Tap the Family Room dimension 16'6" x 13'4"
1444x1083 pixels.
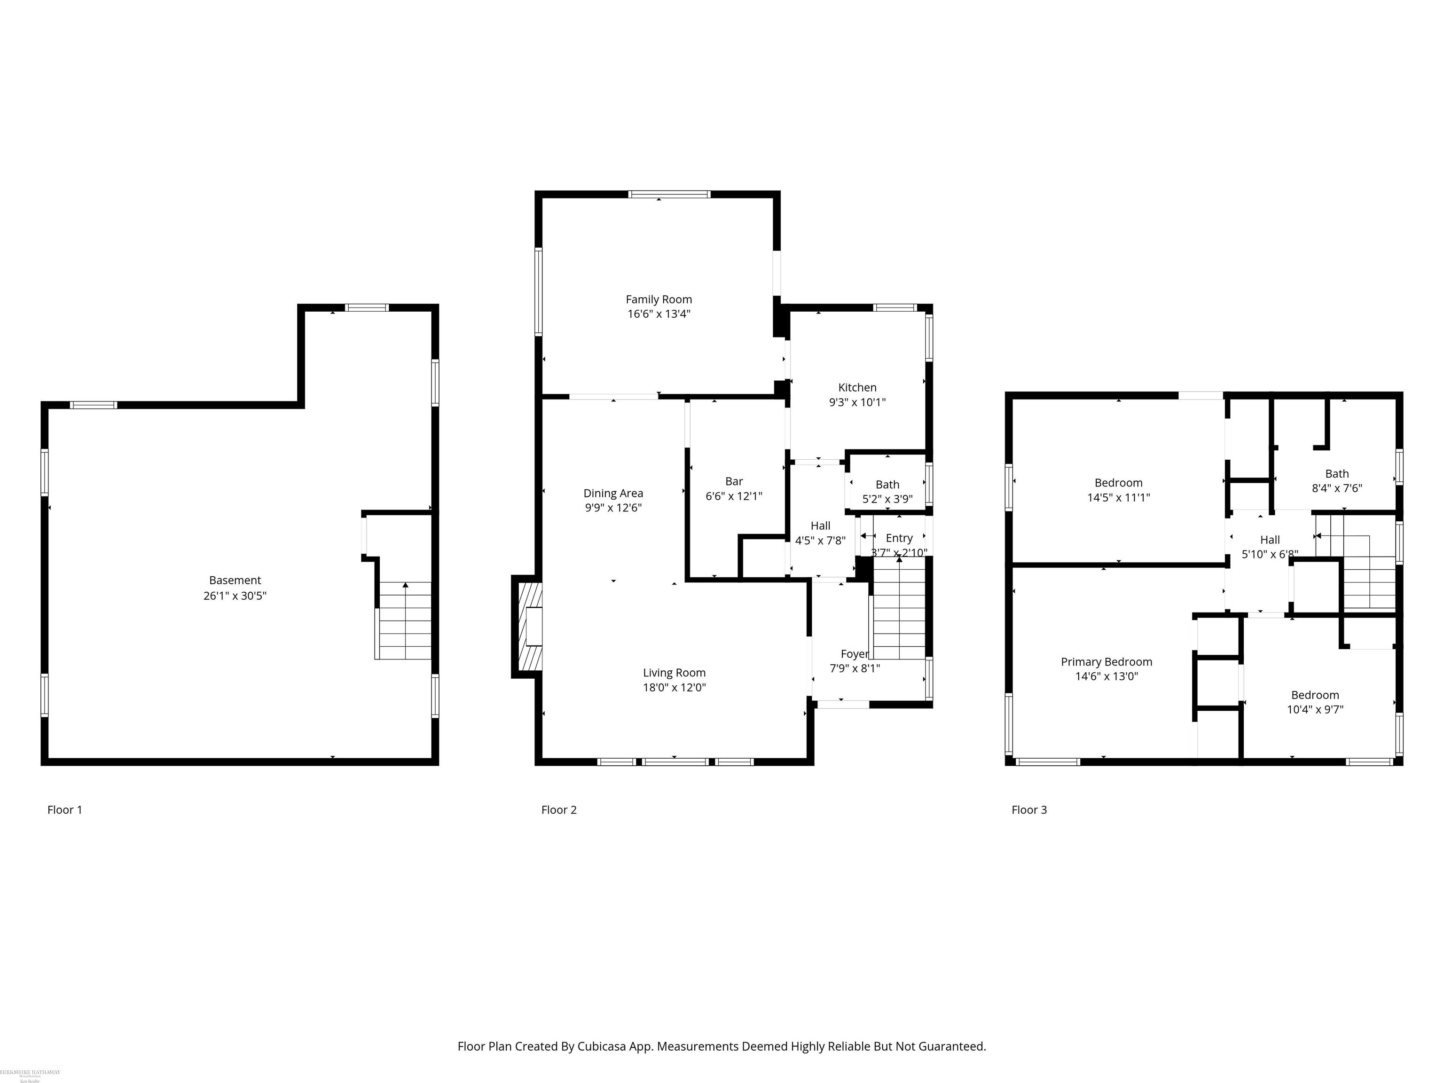659,314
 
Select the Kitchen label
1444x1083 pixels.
857,388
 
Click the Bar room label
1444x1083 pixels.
734,482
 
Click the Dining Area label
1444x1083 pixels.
613,494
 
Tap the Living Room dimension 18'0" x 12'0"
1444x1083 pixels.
675,687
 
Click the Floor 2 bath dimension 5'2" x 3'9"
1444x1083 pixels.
887,499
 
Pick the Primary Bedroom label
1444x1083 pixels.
1107,662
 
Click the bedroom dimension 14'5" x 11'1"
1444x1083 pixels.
1118,497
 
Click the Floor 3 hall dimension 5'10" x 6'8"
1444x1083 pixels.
1270,554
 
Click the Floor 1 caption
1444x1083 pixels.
64,810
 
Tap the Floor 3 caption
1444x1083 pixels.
1029,810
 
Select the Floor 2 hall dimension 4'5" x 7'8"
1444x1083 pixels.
820,541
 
